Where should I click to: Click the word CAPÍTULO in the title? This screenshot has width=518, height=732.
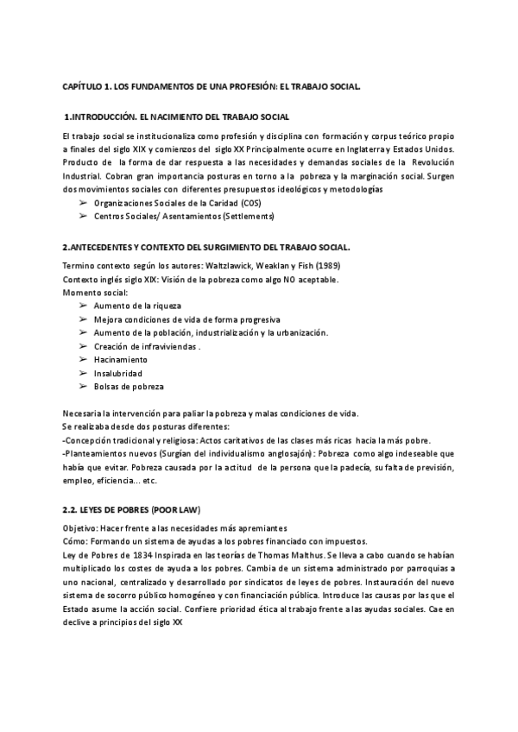[x=84, y=88]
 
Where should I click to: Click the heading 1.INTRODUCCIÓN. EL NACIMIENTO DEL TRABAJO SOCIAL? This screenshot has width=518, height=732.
[x=177, y=117]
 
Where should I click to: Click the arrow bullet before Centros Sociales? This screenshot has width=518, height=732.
[x=83, y=215]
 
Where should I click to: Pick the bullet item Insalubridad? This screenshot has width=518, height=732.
[x=118, y=373]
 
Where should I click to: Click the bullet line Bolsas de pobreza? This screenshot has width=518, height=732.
[x=129, y=386]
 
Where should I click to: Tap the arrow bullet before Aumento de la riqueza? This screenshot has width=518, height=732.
[x=83, y=306]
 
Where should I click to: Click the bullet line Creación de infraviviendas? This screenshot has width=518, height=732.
[x=148, y=346]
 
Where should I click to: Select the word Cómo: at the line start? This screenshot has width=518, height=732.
[x=75, y=542]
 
